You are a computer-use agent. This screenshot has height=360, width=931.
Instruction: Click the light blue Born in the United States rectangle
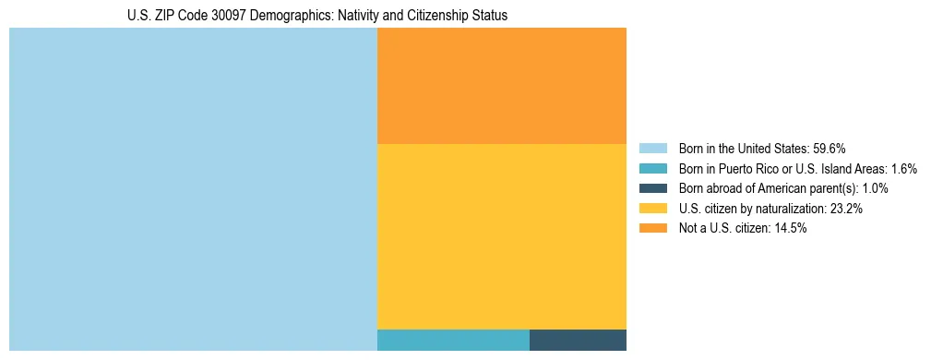(x=193, y=189)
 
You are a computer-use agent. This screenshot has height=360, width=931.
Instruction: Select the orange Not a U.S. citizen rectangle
(x=502, y=86)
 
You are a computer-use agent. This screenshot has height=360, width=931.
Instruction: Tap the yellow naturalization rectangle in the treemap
(x=502, y=236)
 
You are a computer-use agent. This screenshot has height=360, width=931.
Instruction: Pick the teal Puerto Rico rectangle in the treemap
(x=453, y=340)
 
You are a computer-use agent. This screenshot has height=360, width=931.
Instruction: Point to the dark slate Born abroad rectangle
(x=578, y=340)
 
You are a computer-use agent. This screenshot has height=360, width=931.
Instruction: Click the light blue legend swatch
(x=652, y=149)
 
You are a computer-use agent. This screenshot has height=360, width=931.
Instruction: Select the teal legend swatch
(x=652, y=169)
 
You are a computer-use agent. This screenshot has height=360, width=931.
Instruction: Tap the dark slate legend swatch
(x=652, y=188)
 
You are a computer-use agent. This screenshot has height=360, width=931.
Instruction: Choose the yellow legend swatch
(x=652, y=209)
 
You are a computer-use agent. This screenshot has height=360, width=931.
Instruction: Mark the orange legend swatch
(x=652, y=228)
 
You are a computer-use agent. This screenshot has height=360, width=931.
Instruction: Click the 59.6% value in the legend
(x=830, y=149)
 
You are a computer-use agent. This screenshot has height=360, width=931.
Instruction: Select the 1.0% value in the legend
(x=875, y=188)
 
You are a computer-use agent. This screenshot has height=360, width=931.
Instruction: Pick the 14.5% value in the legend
(x=791, y=228)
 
